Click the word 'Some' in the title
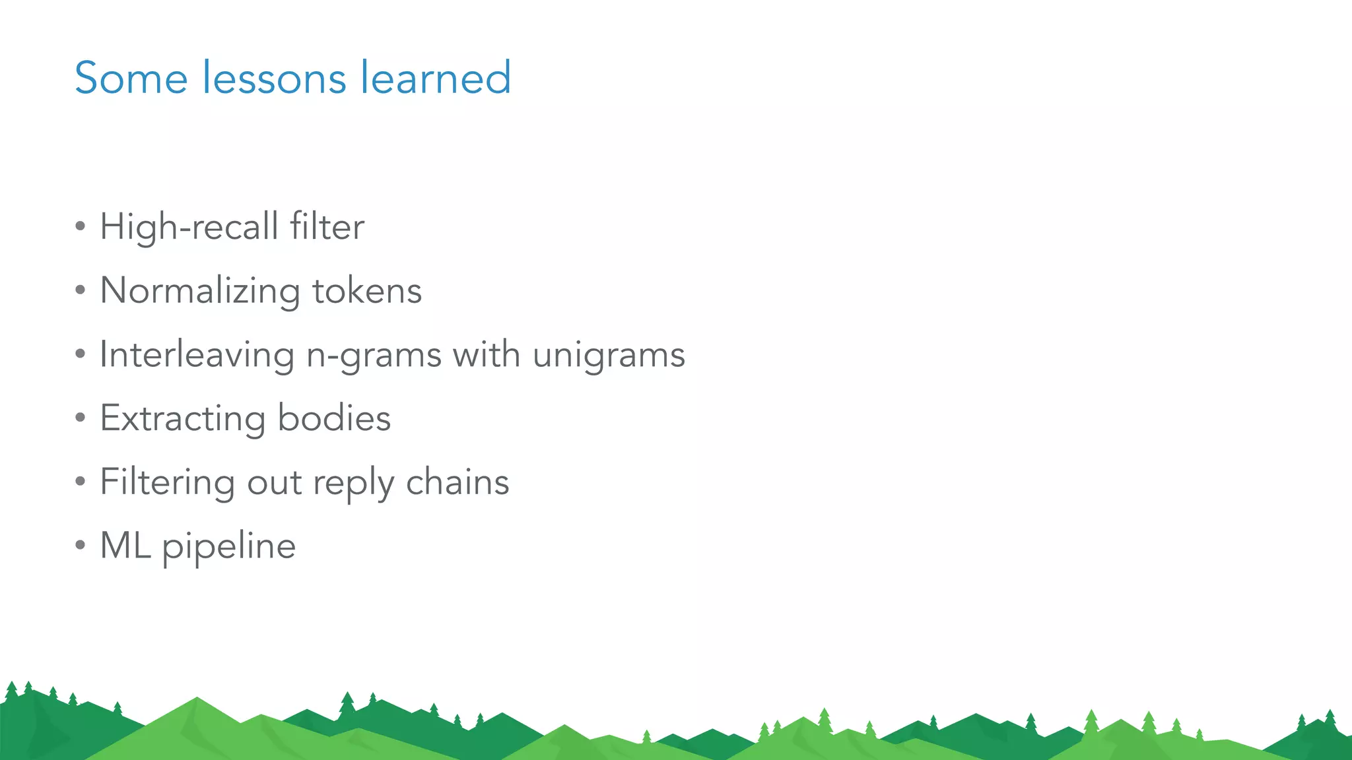tap(131, 78)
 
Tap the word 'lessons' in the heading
tap(274, 78)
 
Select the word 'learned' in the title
tap(436, 78)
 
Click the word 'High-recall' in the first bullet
tap(189, 227)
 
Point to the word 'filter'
tap(327, 227)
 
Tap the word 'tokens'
tap(367, 291)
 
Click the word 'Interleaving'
tap(197, 355)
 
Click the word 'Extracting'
tap(183, 418)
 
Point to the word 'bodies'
tap(334, 418)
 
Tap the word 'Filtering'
tap(168, 482)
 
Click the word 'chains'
tap(457, 482)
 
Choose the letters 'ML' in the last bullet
tap(125, 546)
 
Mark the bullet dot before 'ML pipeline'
tap(81, 546)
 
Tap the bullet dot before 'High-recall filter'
tap(81, 227)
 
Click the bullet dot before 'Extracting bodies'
tap(81, 418)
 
